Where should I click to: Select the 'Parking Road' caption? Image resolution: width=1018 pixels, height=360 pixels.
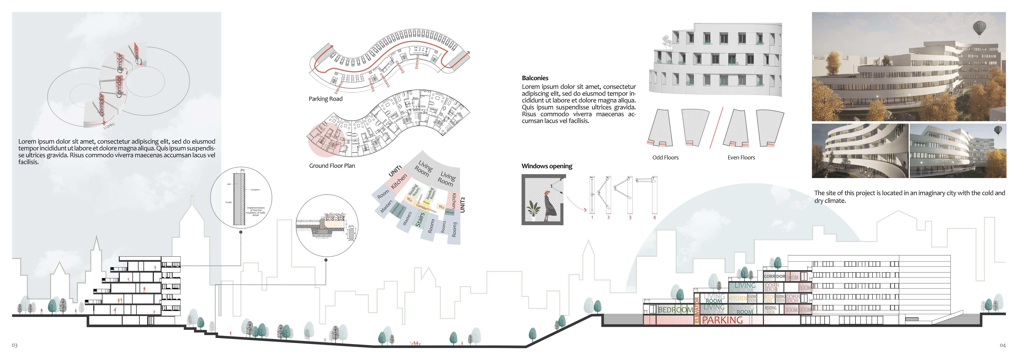[325, 99]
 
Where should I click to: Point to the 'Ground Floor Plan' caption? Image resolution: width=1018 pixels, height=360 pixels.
[332, 166]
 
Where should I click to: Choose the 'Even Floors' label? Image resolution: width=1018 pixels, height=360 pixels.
[741, 157]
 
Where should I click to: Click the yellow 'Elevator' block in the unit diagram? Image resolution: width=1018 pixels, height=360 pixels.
[426, 202]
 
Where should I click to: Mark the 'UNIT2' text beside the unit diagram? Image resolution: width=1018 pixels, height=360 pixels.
[462, 205]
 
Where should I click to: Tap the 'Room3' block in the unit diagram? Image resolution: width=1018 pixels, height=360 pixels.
[454, 229]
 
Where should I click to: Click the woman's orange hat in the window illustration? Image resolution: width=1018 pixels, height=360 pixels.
[547, 192]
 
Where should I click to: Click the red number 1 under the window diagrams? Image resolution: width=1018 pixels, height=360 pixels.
[592, 217]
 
